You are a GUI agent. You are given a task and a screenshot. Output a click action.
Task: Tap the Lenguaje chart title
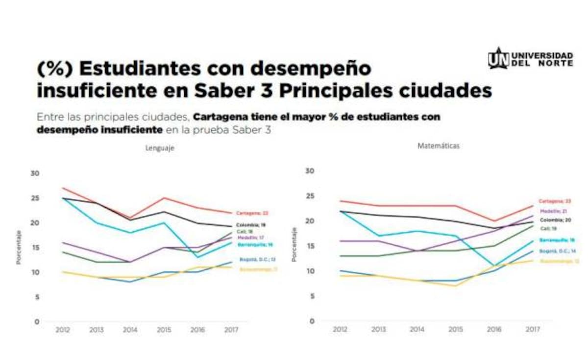pos(159,147)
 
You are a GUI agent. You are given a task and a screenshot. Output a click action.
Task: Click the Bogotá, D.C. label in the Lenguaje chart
pos(256,260)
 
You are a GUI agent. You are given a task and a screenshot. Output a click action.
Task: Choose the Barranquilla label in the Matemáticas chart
pos(556,240)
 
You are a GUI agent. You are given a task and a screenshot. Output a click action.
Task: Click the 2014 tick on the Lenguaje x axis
pos(130,330)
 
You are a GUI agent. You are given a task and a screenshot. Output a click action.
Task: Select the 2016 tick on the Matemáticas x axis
pos(493,330)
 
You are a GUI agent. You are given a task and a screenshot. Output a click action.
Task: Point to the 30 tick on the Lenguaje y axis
pos(35,173)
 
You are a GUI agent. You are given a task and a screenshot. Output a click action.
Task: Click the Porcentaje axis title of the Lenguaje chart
pos(18,247)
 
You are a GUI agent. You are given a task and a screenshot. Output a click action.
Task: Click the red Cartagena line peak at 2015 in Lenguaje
pos(164,198)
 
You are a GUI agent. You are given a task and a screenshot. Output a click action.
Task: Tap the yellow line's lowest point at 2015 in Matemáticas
pos(455,286)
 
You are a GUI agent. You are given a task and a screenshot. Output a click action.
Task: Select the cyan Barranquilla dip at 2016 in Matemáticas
pos(493,265)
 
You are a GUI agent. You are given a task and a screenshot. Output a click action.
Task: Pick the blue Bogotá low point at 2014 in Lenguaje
pos(130,281)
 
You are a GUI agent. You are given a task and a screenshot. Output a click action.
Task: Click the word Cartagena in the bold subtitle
pos(214,118)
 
